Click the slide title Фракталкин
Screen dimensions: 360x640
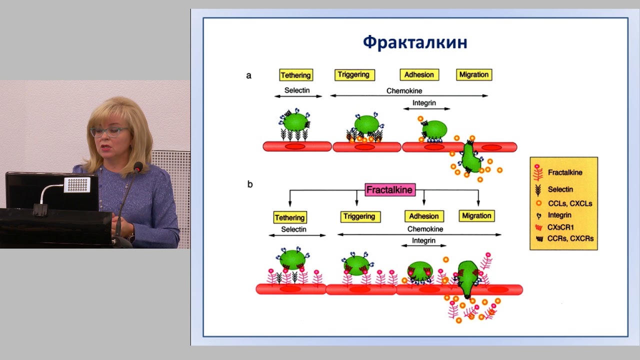(415, 42)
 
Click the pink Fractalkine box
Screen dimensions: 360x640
(390, 190)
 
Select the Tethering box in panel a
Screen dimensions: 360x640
(295, 75)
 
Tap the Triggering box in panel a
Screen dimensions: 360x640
(354, 75)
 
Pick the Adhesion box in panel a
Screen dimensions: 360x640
(419, 75)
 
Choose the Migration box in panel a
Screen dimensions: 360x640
(474, 75)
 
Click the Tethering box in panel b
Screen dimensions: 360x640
(289, 217)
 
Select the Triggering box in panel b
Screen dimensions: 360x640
(359, 216)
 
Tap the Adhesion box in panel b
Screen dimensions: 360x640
(424, 216)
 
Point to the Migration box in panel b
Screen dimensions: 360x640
(476, 216)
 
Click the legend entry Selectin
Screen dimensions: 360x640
(560, 189)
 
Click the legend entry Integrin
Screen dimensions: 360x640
(559, 215)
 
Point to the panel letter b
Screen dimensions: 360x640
(250, 184)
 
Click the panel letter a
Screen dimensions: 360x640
(248, 76)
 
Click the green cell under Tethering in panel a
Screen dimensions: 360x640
(295, 121)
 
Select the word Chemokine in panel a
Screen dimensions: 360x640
(404, 91)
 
